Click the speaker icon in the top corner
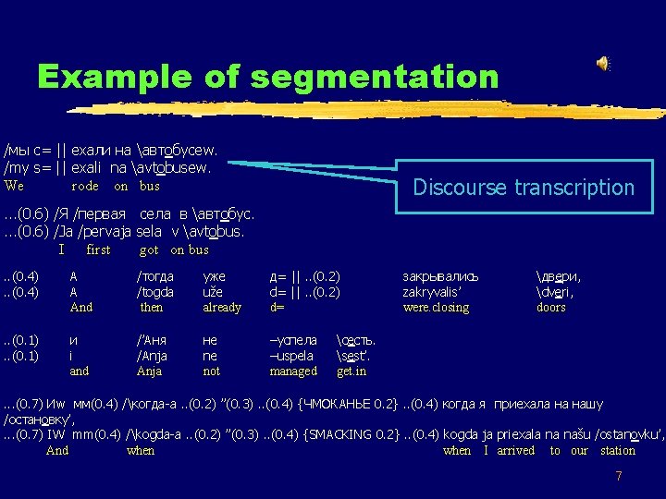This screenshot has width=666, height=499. [602, 63]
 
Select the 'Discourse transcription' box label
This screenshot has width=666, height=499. [524, 188]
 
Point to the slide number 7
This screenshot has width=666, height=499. [619, 476]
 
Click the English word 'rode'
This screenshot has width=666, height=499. [85, 187]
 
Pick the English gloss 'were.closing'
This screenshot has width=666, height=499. [436, 308]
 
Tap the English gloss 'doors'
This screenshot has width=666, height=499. [550, 308]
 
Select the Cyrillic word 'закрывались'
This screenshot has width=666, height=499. [440, 276]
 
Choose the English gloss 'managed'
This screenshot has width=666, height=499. [293, 371]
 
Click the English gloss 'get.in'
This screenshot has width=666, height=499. [351, 371]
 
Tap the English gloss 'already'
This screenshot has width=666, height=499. [221, 308]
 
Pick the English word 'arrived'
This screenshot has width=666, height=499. [515, 451]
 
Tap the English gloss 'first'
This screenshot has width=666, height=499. [98, 249]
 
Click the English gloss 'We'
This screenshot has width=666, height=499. [14, 187]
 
